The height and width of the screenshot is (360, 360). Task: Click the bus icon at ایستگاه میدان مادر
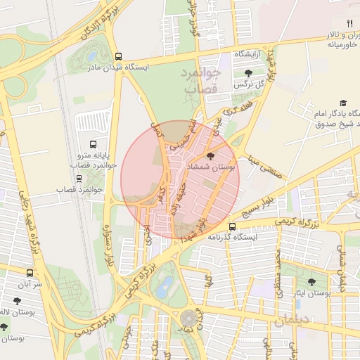click(118, 56)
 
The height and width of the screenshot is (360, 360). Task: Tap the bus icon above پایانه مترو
click(93, 141)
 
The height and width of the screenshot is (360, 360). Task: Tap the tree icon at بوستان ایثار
click(311, 282)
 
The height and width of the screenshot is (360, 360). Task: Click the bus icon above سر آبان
click(30, 273)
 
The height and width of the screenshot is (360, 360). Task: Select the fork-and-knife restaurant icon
click(349, 23)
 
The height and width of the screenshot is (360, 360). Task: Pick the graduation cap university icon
click(343, 103)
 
